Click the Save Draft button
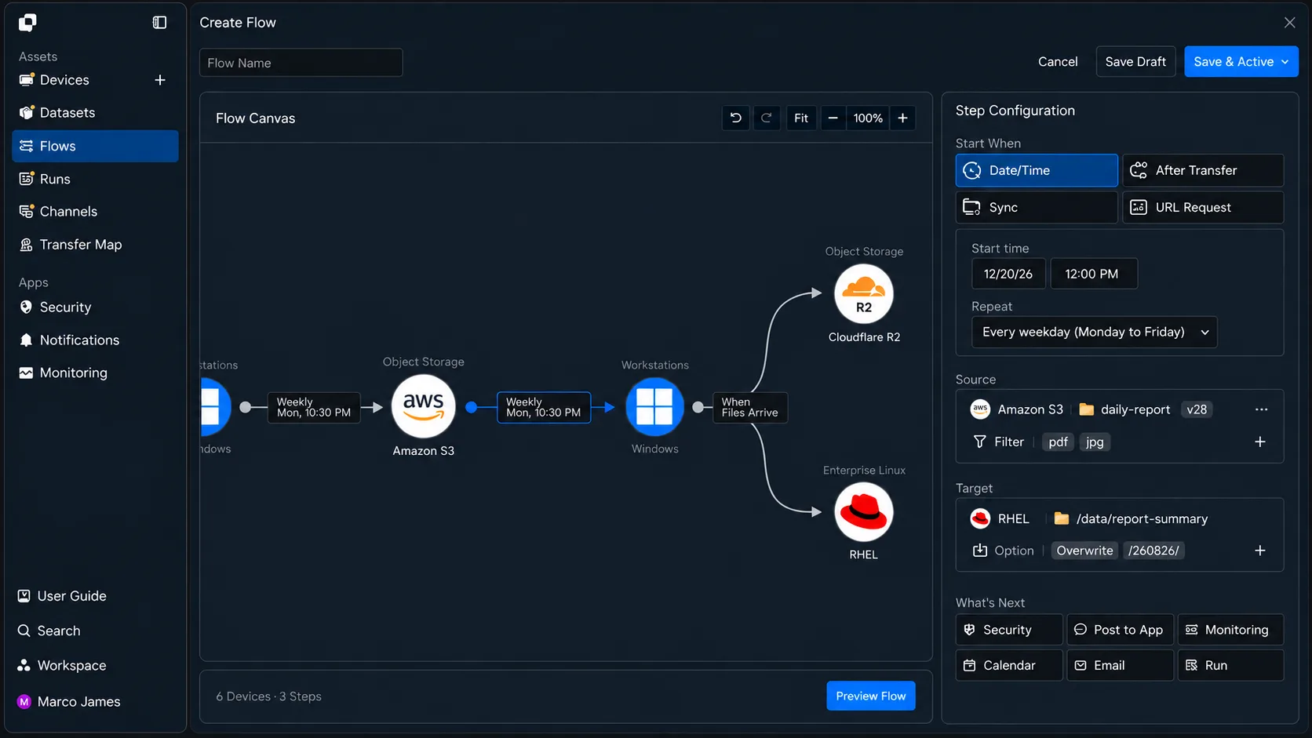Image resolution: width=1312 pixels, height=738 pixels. [x=1135, y=61]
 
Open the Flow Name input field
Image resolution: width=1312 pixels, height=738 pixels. [x=301, y=63]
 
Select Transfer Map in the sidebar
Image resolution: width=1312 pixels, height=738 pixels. [x=80, y=245]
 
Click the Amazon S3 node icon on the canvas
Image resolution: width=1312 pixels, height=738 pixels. [x=423, y=406]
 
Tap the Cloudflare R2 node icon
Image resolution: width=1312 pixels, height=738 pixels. [x=863, y=294]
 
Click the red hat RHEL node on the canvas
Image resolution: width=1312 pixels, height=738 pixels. [x=863, y=512]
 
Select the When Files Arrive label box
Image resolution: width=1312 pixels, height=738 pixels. [x=749, y=407]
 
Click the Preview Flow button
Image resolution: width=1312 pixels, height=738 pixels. [x=870, y=696]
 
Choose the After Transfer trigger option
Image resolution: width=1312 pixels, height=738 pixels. [x=1202, y=170]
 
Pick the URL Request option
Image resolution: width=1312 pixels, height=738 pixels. [x=1202, y=207]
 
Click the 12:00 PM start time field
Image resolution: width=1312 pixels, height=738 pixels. [x=1094, y=274]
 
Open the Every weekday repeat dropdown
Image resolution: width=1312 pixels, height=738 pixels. [x=1094, y=332]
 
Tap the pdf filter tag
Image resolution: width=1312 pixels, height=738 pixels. [x=1057, y=442]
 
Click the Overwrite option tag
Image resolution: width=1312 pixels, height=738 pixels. [x=1084, y=551]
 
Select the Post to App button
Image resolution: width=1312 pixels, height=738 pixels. [x=1120, y=630]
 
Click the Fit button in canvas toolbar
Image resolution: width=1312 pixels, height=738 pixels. [x=800, y=118]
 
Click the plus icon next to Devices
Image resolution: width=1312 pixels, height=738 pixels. [x=160, y=80]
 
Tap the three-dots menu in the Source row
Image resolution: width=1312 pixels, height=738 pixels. [x=1261, y=409]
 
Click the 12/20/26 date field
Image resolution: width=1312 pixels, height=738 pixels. [x=1008, y=274]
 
